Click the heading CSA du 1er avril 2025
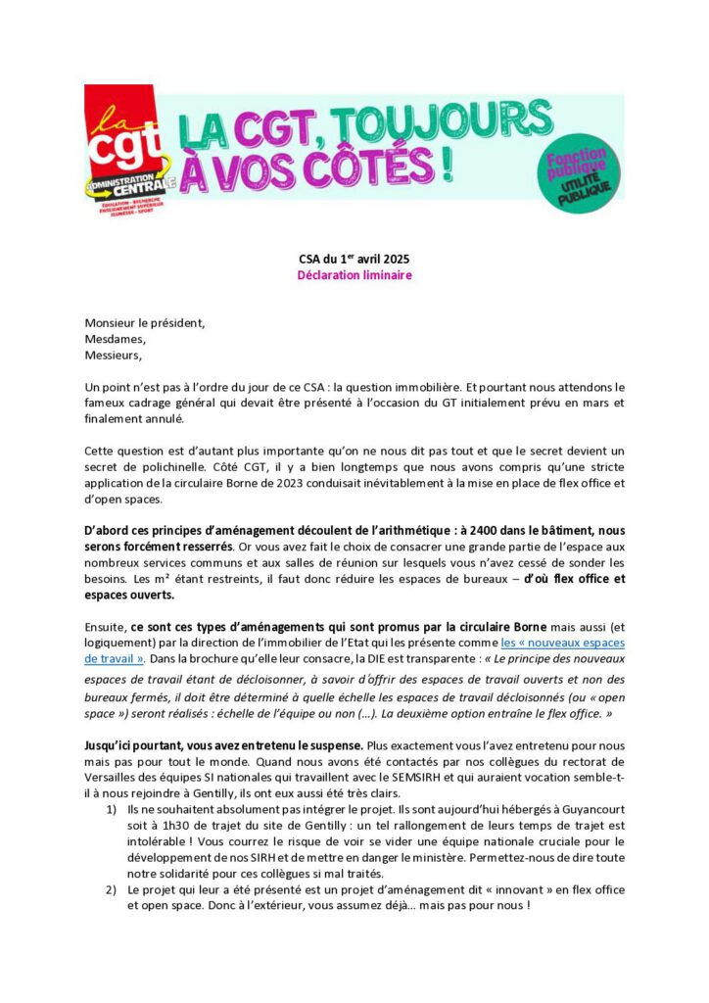click(354, 259)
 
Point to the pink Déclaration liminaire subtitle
click(354, 275)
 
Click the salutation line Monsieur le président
click(145, 322)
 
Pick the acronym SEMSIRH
click(464, 779)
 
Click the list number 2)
click(111, 889)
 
